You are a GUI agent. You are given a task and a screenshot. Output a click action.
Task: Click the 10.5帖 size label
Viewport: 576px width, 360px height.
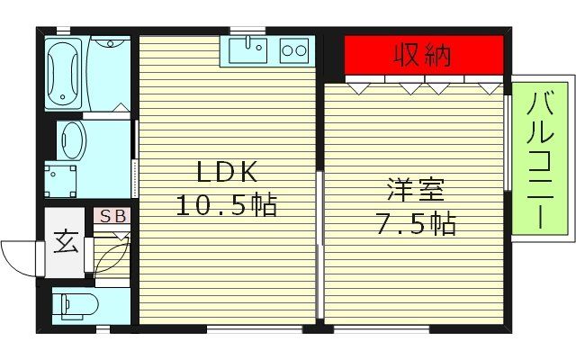pyautogui.click(x=224, y=205)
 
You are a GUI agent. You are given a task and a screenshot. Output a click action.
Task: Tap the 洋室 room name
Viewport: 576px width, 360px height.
pyautogui.click(x=415, y=191)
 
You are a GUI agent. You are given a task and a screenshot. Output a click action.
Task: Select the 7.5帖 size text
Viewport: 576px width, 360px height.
pyautogui.click(x=415, y=223)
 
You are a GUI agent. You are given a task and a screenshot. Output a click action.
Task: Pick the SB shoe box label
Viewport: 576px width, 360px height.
pyautogui.click(x=113, y=216)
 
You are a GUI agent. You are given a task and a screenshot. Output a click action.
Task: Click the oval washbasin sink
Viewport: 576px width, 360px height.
pyautogui.click(x=72, y=140)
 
